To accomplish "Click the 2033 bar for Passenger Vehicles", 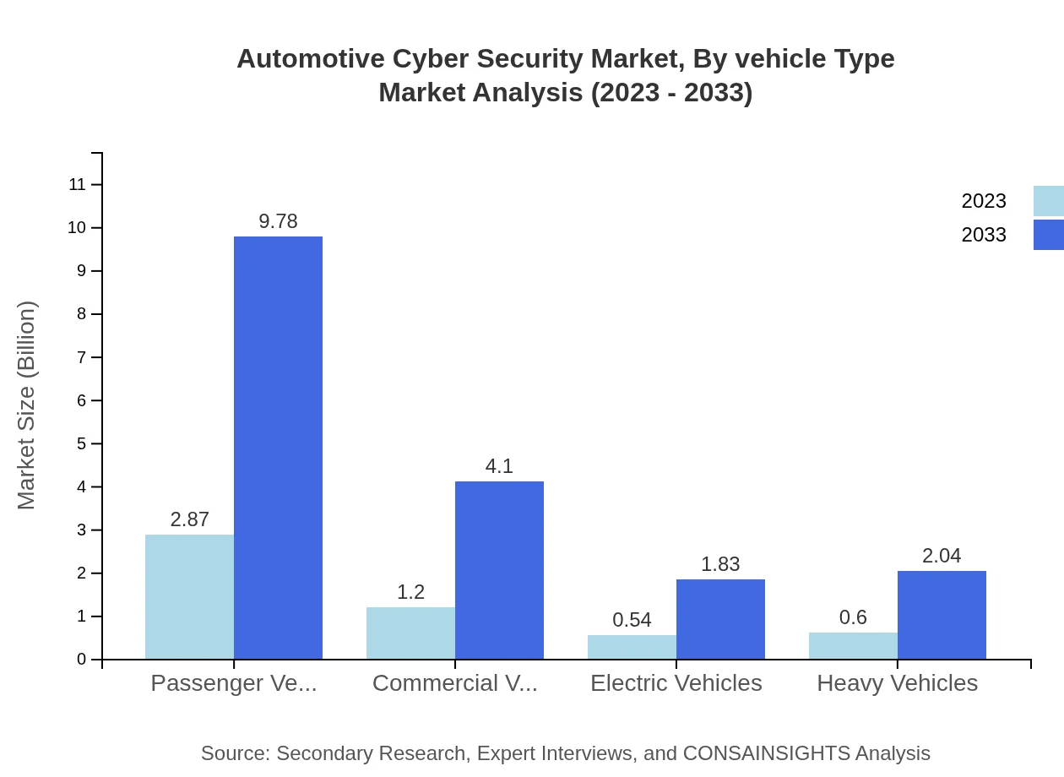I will (278, 448).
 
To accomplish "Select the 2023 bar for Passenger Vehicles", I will (189, 596).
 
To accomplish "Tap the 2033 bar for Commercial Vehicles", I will (499, 570).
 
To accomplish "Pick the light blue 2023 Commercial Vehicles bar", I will (410, 633).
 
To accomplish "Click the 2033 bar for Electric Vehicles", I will (720, 619).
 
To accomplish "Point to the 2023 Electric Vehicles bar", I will (632, 647).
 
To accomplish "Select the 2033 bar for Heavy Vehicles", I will (942, 615).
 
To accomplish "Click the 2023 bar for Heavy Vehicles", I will (853, 645).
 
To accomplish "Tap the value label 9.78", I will (278, 221).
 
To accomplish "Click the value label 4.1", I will (499, 466).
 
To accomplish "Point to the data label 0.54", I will (632, 620).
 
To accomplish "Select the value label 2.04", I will (942, 556).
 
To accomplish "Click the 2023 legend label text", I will (984, 201).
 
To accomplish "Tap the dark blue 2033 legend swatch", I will (1049, 235).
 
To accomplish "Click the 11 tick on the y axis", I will (78, 184).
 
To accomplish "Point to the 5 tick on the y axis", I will (82, 443).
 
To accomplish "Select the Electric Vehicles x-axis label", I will (676, 682).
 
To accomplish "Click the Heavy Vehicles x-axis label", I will (897, 682).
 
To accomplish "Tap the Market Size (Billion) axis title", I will (26, 405).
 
